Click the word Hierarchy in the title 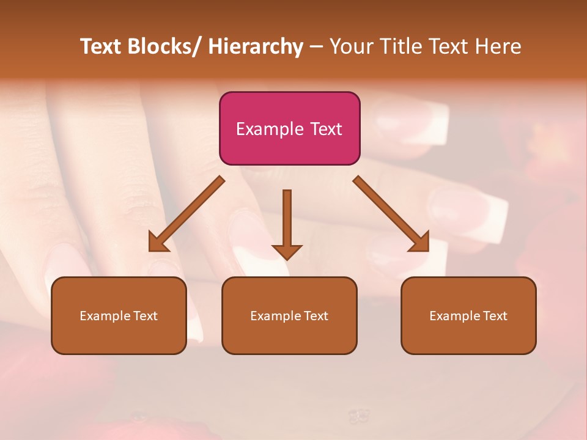pos(255,46)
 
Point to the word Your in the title pos(353,46)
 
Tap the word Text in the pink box pos(325,129)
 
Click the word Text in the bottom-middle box pos(315,316)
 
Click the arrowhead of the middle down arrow pos(287,251)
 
